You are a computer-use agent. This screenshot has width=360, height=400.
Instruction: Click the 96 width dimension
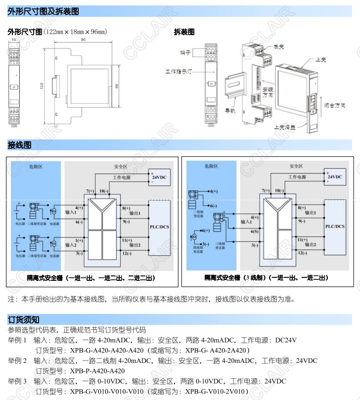[x=83, y=40]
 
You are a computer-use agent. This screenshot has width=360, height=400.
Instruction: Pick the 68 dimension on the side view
[x=116, y=86]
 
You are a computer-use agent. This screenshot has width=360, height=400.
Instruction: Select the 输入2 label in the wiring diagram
[x=71, y=245]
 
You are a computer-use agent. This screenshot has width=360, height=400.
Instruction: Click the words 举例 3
[x=17, y=381]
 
